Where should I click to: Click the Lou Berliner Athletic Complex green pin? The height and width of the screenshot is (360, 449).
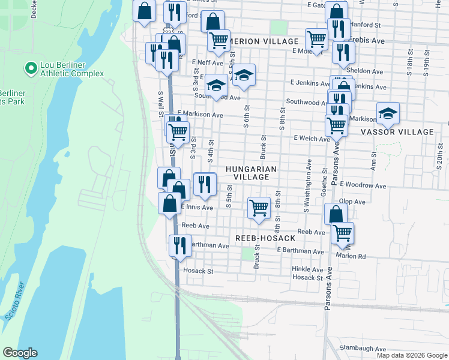tap(29, 68)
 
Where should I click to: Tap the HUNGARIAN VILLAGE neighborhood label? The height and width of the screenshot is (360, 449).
tap(252, 173)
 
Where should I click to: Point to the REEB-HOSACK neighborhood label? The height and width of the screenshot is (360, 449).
tap(265, 238)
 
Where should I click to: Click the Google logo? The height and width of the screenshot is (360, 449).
tap(20, 353)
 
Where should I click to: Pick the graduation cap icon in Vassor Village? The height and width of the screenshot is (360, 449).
tap(388, 112)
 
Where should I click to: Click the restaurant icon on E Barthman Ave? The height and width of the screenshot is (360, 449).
tap(179, 245)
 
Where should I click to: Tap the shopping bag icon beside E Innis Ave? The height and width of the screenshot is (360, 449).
tap(170, 203)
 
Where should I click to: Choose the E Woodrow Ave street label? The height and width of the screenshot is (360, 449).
tap(365, 186)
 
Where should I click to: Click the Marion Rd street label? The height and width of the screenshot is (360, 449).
tap(368, 256)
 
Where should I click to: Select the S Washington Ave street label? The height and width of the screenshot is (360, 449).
tap(309, 186)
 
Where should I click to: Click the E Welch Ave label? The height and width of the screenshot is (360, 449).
tap(311, 138)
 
